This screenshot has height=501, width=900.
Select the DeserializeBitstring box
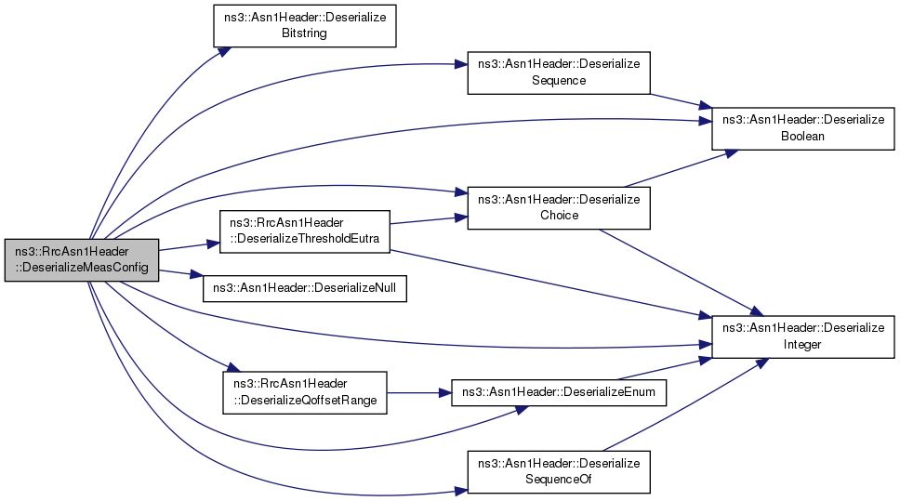(305, 25)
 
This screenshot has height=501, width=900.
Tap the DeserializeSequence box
(558, 73)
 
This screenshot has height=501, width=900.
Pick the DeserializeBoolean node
(803, 128)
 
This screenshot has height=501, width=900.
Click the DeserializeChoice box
(558, 208)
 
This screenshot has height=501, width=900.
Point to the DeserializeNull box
(305, 287)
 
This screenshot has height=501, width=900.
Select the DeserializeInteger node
(803, 336)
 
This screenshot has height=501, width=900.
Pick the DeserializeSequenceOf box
(558, 471)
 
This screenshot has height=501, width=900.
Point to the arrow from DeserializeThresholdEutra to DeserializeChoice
(428, 219)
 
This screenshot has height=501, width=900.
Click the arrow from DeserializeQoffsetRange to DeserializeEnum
(418, 392)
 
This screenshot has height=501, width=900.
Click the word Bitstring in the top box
(305, 33)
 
